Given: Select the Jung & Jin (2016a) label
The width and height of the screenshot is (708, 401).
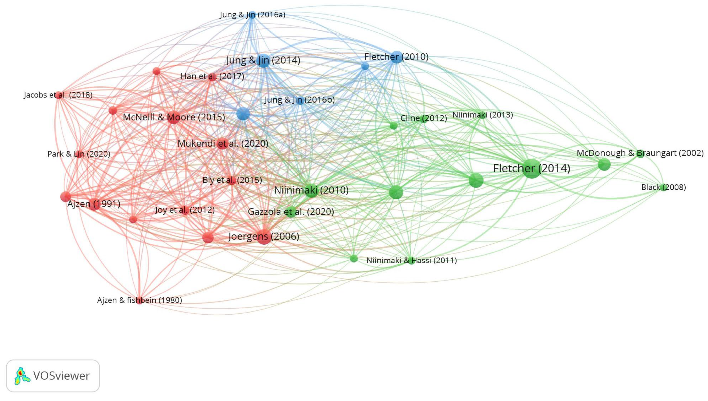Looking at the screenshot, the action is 252,15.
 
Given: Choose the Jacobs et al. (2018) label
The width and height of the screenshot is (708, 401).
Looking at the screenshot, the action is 58,95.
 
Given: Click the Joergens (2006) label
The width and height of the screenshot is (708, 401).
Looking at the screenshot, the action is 263,236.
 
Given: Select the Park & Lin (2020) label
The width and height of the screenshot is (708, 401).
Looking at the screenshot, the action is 79,154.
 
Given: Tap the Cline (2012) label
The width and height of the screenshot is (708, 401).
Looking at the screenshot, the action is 423,118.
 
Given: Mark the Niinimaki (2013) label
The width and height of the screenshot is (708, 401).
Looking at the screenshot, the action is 482,115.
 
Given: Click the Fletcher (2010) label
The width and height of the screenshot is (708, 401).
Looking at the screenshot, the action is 396,57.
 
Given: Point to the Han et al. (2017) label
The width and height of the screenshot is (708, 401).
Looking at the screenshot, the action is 212,76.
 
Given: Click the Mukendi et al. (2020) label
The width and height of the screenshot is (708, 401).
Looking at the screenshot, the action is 223,143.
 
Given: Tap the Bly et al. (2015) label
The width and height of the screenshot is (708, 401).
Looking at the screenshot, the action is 232,180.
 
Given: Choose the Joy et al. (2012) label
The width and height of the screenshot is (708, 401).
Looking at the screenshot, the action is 185,210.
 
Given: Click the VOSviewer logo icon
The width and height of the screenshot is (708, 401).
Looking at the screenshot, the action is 22,376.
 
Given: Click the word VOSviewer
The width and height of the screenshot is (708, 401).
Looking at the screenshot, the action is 61,376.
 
